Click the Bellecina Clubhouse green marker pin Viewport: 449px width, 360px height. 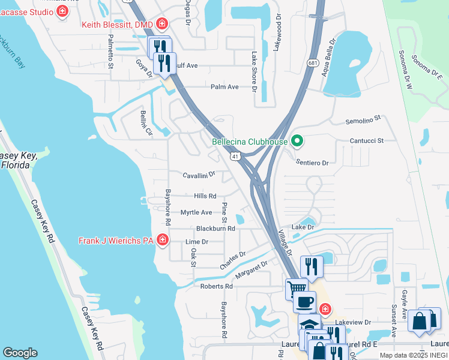[297, 142]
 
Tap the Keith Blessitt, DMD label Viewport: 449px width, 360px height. [119, 25]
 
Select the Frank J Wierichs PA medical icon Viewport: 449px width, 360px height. [162, 241]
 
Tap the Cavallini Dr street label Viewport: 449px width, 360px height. [199, 175]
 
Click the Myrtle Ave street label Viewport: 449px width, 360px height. [196, 212]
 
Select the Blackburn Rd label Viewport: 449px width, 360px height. [215, 229]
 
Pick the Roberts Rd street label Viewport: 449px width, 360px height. [216, 286]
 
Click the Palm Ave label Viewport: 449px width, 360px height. [224, 87]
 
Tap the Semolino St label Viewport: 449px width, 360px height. [363, 121]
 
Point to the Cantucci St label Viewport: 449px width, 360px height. [367, 140]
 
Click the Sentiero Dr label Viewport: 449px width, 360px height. [312, 163]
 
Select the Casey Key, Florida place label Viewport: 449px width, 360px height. [19, 160]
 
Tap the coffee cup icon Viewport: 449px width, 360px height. [305, 301]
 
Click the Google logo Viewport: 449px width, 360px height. [20, 352]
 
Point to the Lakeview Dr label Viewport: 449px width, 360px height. [349, 322]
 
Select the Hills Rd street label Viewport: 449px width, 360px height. [205, 196]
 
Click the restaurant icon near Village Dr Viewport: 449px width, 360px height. [312, 266]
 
